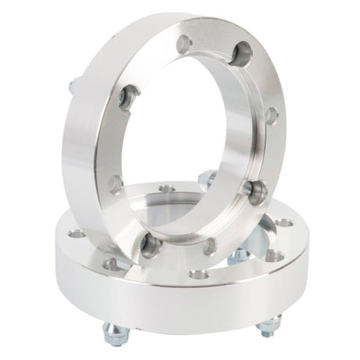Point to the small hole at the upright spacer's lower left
coord(115,185)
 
